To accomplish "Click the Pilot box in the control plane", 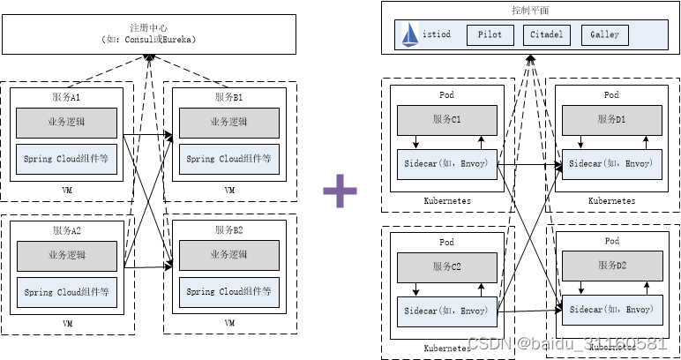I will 490,35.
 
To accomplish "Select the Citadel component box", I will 547,35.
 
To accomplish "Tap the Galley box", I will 604,35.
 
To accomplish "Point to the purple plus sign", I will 340,191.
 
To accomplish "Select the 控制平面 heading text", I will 529,11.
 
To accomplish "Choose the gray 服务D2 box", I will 611,266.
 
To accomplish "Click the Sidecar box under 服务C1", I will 446,163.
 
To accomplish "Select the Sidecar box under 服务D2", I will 611,310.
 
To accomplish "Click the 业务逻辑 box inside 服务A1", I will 67,122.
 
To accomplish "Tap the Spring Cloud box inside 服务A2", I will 67,291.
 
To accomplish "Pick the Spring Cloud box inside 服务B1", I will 228,159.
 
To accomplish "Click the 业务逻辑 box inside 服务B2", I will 228,254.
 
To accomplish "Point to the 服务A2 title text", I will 67,230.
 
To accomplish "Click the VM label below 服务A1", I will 66,190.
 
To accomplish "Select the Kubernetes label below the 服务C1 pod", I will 446,201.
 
